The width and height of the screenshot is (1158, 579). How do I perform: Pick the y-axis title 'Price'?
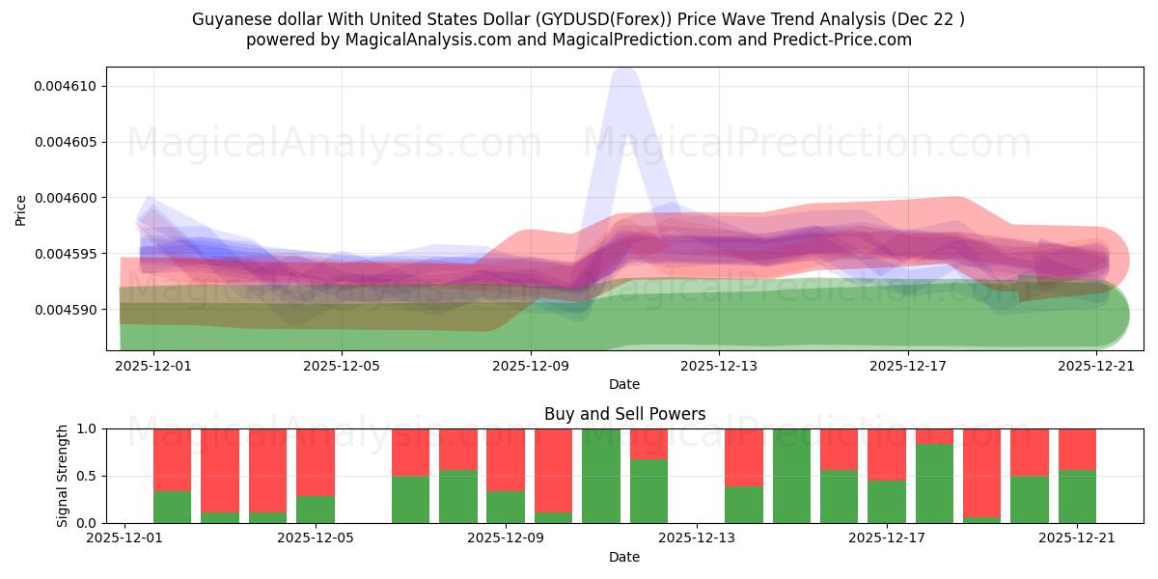pyautogui.click(x=21, y=209)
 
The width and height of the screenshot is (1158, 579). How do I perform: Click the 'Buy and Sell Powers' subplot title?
pyautogui.click(x=624, y=414)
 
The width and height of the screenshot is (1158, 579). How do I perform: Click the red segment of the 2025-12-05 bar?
pyautogui.click(x=316, y=461)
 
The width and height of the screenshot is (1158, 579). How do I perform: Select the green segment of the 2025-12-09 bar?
pyautogui.click(x=506, y=507)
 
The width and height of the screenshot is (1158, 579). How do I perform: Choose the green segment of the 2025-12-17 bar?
pyautogui.click(x=887, y=502)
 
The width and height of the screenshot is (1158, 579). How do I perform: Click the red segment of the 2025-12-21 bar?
pyautogui.click(x=1077, y=449)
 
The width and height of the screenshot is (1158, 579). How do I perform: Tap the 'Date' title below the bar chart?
pyautogui.click(x=624, y=557)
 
